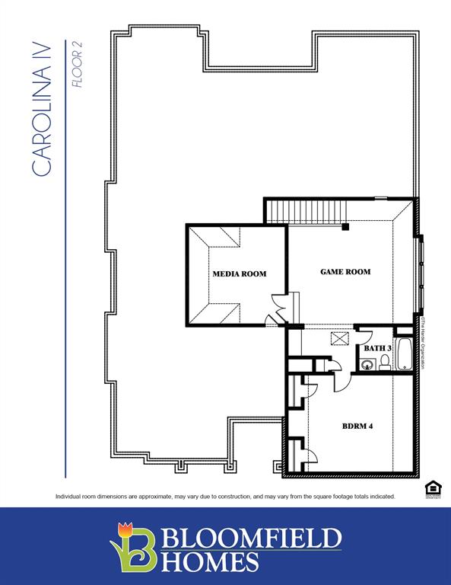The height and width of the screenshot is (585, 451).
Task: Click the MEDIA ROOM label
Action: (239, 273)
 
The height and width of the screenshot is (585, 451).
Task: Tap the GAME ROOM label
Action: (345, 271)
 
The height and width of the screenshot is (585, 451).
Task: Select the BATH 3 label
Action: (376, 348)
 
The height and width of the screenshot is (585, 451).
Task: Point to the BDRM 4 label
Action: (357, 426)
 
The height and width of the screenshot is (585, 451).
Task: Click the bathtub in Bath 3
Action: (405, 355)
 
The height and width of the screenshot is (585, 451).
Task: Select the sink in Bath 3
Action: (367, 365)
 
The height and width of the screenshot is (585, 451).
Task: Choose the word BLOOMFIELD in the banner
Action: (251, 538)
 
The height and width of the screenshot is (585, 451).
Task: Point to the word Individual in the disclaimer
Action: (69, 497)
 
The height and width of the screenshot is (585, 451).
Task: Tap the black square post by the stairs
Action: (345, 226)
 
